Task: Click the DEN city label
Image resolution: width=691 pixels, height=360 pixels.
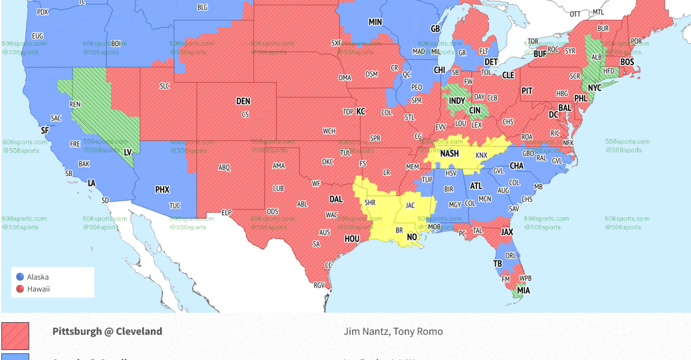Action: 243,102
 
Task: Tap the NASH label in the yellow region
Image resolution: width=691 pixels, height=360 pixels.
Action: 450,153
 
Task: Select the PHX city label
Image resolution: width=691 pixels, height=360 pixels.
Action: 162,190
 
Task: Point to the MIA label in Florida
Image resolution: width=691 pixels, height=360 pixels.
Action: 524,290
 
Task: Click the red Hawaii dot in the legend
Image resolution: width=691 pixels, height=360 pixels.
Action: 20,289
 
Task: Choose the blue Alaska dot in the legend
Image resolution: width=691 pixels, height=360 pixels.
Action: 20,277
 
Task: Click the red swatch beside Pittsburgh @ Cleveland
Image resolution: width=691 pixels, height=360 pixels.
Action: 15,335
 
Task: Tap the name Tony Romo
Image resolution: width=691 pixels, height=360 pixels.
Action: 423,331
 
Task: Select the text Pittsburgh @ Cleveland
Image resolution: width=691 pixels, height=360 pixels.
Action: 107,331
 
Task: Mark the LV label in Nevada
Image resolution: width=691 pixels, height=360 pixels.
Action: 128,152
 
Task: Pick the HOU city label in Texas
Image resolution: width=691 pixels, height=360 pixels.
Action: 351,239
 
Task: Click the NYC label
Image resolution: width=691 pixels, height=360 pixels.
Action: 594,88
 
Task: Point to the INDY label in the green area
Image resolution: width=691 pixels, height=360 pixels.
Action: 457,102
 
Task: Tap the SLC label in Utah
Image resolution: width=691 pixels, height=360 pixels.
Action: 164,86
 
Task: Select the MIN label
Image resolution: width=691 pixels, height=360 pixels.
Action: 375,22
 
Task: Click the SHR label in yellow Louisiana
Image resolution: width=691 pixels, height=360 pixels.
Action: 370,203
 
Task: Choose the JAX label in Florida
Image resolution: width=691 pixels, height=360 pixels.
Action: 507,232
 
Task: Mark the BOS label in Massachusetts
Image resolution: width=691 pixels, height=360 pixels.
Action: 627,62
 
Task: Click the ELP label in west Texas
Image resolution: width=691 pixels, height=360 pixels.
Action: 226,213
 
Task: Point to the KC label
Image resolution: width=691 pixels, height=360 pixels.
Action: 361,112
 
